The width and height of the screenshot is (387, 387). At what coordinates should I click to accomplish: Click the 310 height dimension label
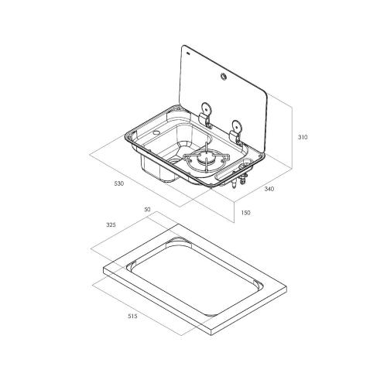pos(303,137)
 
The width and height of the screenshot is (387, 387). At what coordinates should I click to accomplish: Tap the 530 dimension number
pos(119,183)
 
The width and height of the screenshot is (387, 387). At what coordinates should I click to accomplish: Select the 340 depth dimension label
pos(269,189)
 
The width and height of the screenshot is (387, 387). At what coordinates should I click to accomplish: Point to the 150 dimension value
pos(245,213)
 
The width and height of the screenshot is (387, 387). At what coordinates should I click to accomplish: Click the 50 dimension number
pos(147,209)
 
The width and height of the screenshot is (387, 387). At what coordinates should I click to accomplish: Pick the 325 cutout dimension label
pos(111,224)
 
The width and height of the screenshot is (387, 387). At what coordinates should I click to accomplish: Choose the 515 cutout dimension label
pos(132,316)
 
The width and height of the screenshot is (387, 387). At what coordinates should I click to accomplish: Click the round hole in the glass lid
pos(223,76)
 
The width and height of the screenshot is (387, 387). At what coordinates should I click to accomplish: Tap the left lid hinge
pos(206,115)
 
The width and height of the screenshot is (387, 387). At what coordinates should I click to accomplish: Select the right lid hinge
pos(236,132)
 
